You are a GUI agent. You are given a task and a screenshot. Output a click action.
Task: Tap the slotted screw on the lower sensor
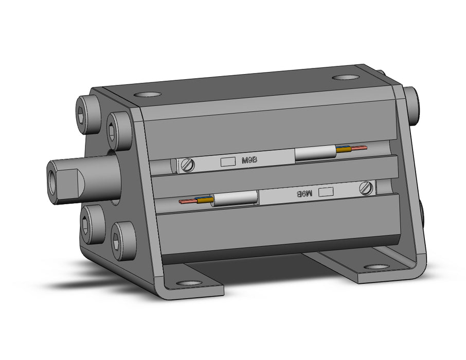point(366,188)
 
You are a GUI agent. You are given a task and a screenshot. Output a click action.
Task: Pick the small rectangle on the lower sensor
point(326,192)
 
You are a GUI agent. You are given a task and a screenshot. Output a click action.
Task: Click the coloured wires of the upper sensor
point(352,148)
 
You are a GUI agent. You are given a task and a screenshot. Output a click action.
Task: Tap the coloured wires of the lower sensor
point(196,201)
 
